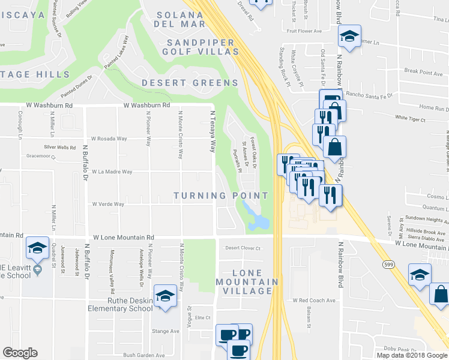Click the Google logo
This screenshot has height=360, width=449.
click(20, 353)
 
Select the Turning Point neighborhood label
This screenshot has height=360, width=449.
click(221, 196)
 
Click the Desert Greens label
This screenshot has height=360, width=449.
click(190, 83)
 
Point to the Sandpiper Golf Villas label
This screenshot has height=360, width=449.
click(199, 47)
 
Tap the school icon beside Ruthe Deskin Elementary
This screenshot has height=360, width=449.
click(165, 296)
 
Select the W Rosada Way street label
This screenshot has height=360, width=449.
click(109, 139)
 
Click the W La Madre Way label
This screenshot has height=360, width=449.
click(111, 172)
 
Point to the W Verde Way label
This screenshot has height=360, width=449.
click(108, 204)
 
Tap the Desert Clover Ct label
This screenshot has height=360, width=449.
click(243, 248)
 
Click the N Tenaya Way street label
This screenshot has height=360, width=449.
click(212, 131)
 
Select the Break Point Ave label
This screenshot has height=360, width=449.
click(423, 72)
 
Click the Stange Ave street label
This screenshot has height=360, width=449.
click(166, 331)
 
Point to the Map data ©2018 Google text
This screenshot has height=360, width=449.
click(412, 355)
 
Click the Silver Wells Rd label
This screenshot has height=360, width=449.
click(60, 147)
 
